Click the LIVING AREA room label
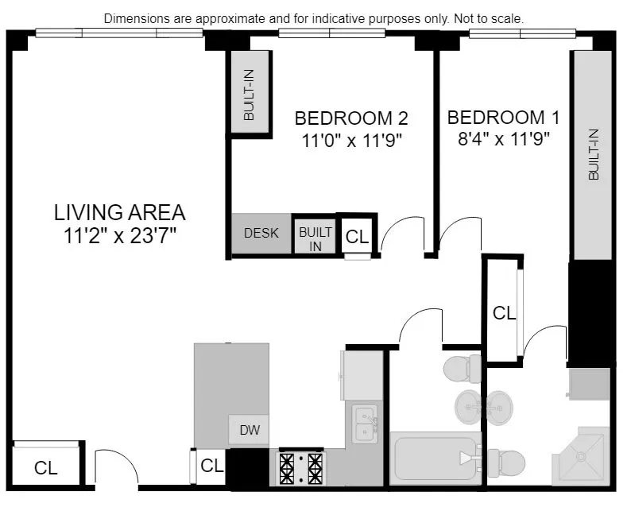pos(119,212)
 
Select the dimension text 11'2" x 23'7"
pos(119,235)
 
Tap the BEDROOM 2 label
pos(350,118)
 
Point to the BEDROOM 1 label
pos(503,118)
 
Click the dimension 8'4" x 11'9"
pos(503,139)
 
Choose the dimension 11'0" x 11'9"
pos(350,141)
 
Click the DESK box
pos(261,234)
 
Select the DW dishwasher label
pos(249,432)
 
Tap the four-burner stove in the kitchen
pos(300,467)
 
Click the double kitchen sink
pos(365,424)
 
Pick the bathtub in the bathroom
pos(434,458)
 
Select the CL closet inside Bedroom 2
pos(358,236)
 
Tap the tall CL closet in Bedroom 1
pos(503,313)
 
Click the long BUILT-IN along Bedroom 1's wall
pos(592,154)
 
